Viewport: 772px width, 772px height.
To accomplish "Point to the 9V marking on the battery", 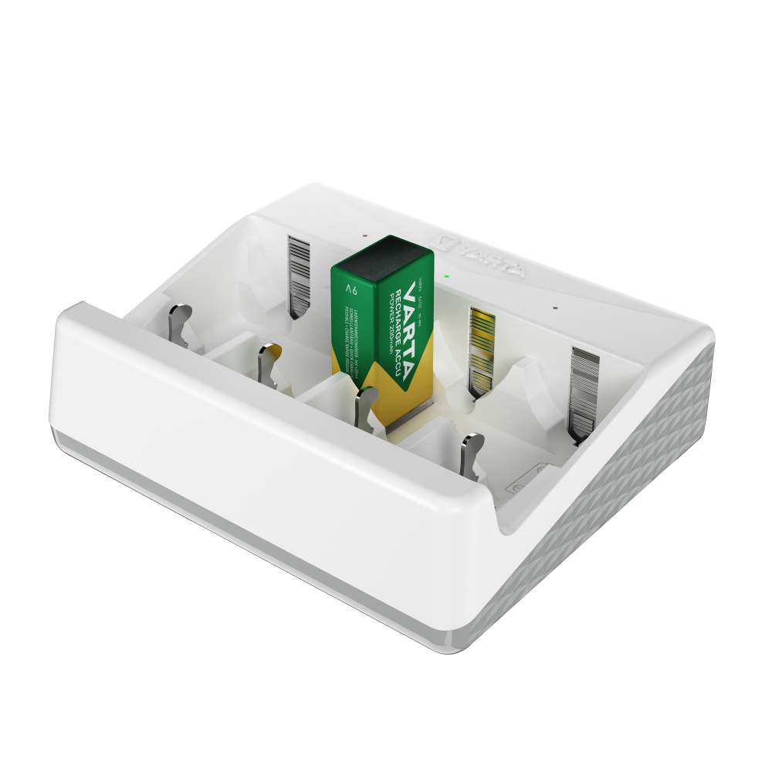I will point(352,290).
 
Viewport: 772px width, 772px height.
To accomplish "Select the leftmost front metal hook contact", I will point(179,324).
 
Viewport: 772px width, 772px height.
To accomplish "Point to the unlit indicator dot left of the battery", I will point(364,238).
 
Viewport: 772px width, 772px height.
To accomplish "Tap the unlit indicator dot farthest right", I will point(554,307).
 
